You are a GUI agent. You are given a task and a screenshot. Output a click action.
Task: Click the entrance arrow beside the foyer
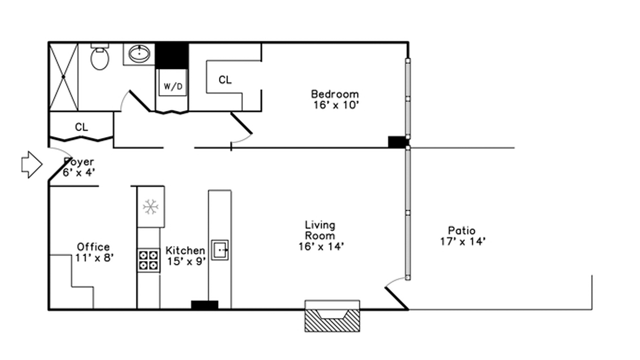pos(32,164)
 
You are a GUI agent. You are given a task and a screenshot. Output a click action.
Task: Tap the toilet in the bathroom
pos(99,57)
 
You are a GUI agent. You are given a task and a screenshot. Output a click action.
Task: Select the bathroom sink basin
pos(139,53)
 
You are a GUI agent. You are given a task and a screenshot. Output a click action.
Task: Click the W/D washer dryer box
pos(173,83)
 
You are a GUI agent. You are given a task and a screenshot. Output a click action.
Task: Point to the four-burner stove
pos(148,260)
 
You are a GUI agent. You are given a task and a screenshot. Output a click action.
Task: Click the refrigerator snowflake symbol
pos(150,207)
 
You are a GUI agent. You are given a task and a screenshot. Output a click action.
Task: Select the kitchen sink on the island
pos(219,250)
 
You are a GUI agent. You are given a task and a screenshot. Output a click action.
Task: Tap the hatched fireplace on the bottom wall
pos(332,316)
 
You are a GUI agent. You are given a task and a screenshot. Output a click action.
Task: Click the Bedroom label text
pos(335,94)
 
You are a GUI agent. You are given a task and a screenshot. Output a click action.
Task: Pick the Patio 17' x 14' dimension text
pos(462,241)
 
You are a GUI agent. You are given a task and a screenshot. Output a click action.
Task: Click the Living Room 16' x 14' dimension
pos(321,246)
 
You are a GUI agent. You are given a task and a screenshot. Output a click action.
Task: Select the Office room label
pos(93,247)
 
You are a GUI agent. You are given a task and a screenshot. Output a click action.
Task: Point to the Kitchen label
pos(185,250)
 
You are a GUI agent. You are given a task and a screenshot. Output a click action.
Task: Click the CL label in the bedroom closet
pos(225,80)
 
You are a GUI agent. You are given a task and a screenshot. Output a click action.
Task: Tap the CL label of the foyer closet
pos(81,127)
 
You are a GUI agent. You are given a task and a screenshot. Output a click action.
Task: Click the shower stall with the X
pos(63,77)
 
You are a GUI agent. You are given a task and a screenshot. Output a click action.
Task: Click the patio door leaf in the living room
pos(396,298)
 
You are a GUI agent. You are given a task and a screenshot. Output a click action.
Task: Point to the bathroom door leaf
pos(140,101)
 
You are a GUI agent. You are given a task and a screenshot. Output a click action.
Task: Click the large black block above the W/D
pos(171,55)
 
